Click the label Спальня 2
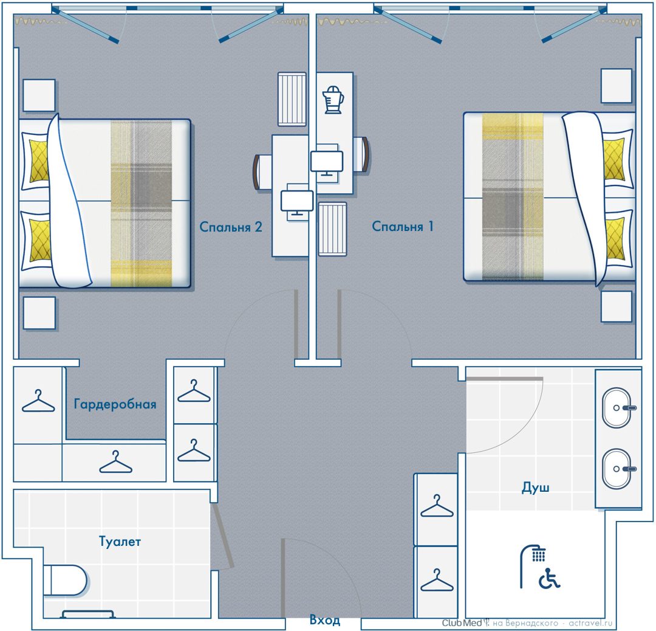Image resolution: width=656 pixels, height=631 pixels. pyautogui.click(x=231, y=227)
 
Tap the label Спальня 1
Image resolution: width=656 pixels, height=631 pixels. pyautogui.click(x=403, y=227)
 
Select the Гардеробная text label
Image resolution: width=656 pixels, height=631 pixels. pyautogui.click(x=115, y=404)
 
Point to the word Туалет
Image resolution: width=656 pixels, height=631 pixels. pyautogui.click(x=120, y=542)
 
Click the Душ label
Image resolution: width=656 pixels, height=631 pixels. pyautogui.click(x=535, y=488)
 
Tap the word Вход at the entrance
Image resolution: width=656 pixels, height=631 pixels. pyautogui.click(x=324, y=619)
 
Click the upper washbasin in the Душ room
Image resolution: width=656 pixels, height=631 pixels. pyautogui.click(x=617, y=407)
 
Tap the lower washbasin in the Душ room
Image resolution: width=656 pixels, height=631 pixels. pyautogui.click(x=617, y=469)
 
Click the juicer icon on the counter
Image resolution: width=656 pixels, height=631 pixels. pyautogui.click(x=333, y=99)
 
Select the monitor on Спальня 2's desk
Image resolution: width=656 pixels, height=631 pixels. pyautogui.click(x=297, y=201)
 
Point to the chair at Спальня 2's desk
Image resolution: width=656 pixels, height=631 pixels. pyautogui.click(x=263, y=171)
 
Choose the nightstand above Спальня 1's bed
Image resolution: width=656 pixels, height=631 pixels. pyautogui.click(x=617, y=86)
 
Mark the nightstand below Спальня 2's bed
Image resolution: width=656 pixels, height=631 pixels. pyautogui.click(x=39, y=313)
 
